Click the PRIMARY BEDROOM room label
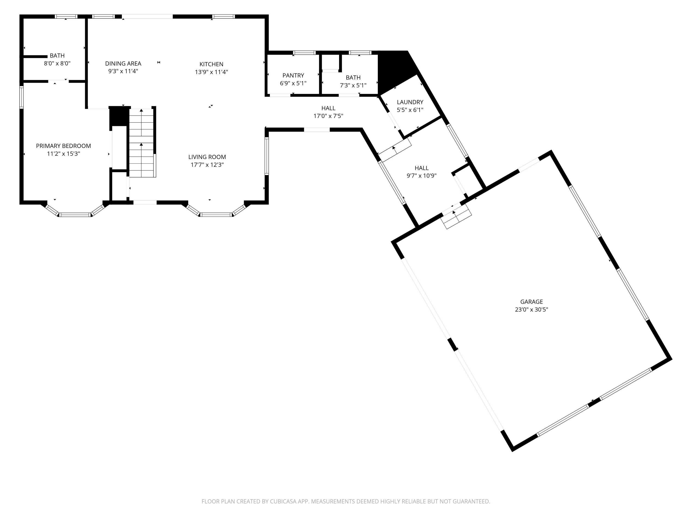[63, 146]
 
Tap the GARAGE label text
[531, 301]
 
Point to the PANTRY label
[293, 75]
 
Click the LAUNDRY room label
[410, 102]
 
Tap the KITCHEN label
[212, 64]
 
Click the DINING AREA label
[123, 63]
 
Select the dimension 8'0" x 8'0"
[57, 63]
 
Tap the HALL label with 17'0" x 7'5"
[328, 108]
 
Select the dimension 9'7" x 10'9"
[421, 176]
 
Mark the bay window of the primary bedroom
[75, 214]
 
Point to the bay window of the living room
[216, 214]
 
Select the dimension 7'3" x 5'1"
[353, 85]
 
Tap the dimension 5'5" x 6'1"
[410, 110]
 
